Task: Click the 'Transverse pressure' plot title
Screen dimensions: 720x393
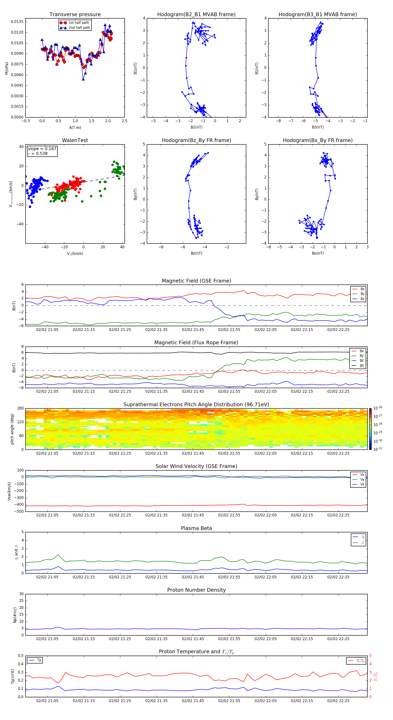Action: click(x=75, y=15)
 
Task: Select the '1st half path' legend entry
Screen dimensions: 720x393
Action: click(x=79, y=23)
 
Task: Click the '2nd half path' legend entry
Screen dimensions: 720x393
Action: click(x=79, y=28)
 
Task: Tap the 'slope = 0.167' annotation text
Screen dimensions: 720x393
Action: click(x=42, y=149)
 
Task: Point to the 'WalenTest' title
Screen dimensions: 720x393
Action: click(x=75, y=140)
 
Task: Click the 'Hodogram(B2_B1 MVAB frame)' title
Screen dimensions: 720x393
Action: click(x=196, y=15)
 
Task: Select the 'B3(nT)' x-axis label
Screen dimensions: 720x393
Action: click(x=318, y=127)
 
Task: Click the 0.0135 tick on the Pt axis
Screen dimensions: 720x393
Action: click(x=17, y=22)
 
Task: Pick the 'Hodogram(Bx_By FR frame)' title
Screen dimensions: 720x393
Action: click(x=318, y=140)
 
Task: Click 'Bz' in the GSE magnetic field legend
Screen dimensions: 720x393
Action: click(x=362, y=299)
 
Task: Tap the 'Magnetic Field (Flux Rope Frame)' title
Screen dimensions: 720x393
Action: click(x=196, y=343)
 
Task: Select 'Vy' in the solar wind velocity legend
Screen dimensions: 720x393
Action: click(x=362, y=479)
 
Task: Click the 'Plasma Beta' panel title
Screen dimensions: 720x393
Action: click(x=196, y=528)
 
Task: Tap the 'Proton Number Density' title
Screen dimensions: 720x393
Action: click(x=196, y=590)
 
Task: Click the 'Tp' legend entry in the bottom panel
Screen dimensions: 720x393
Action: click(x=39, y=660)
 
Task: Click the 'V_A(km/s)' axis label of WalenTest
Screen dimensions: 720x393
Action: click(x=75, y=254)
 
